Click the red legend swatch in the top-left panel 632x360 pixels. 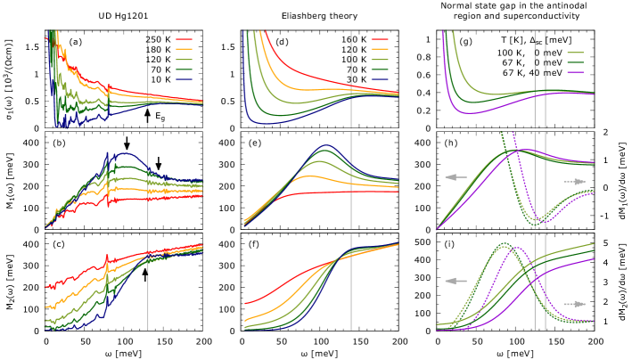click(x=184, y=40)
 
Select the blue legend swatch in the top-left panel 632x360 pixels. click(x=184, y=78)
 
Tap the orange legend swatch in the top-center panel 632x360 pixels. click(x=380, y=50)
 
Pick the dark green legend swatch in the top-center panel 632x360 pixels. click(x=380, y=69)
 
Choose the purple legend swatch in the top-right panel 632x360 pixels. click(x=575, y=71)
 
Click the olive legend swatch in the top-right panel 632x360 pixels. click(x=575, y=53)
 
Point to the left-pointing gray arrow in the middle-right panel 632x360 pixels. click(x=456, y=177)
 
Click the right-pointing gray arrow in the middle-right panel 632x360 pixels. click(x=575, y=182)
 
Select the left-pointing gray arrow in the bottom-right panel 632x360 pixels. click(x=456, y=282)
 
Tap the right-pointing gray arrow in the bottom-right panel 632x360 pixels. click(x=575, y=304)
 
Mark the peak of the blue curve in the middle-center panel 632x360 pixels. click(x=327, y=145)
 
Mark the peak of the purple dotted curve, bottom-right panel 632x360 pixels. click(x=516, y=249)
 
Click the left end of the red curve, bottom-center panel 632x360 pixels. click(x=245, y=304)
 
